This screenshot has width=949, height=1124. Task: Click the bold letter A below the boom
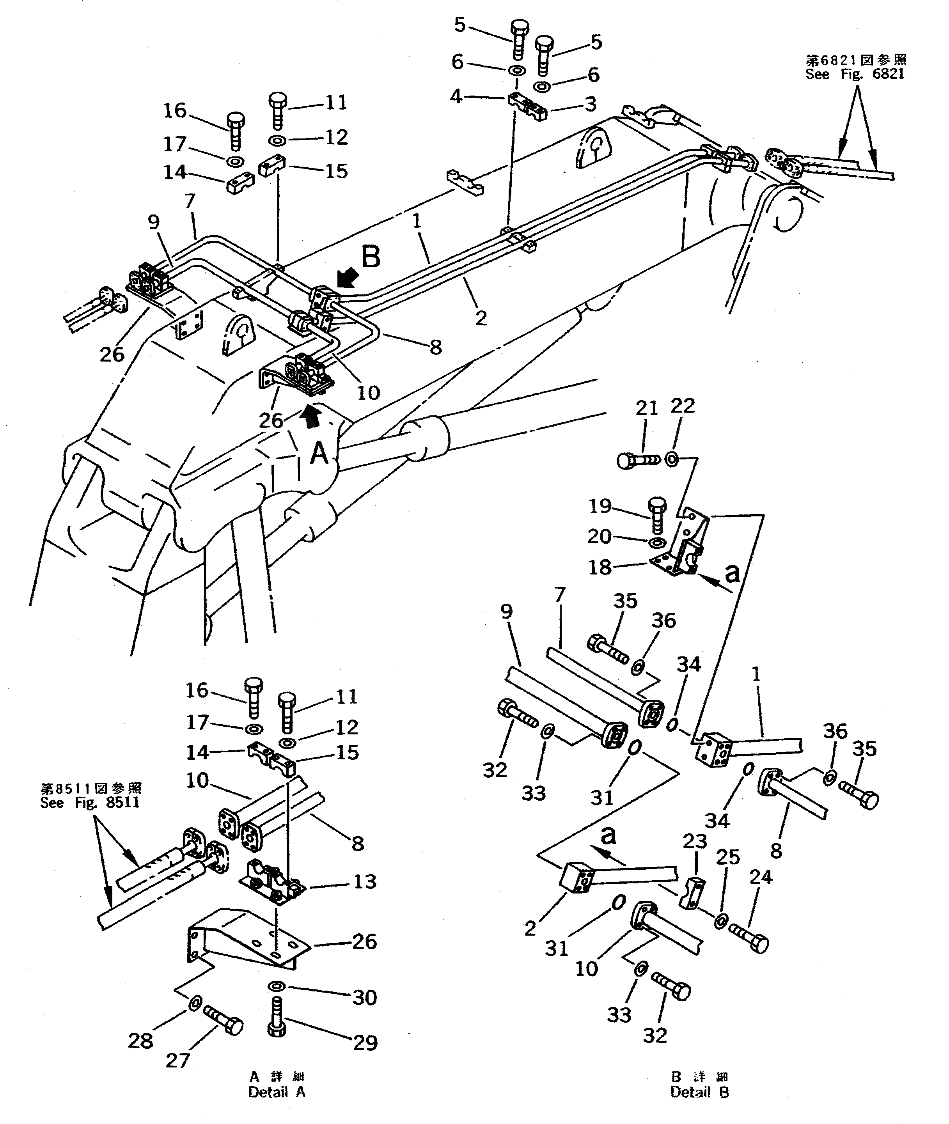(x=319, y=453)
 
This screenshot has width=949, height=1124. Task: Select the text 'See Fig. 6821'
(x=855, y=75)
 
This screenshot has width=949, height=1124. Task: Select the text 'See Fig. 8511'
(x=90, y=803)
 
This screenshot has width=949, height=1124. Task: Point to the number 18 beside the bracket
(x=600, y=567)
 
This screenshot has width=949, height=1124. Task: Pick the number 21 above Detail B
(x=647, y=409)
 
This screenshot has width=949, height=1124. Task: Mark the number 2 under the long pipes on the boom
(x=481, y=318)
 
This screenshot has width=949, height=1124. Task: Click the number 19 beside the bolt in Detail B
(x=600, y=506)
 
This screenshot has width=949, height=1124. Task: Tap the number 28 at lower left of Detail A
(x=140, y=1041)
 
